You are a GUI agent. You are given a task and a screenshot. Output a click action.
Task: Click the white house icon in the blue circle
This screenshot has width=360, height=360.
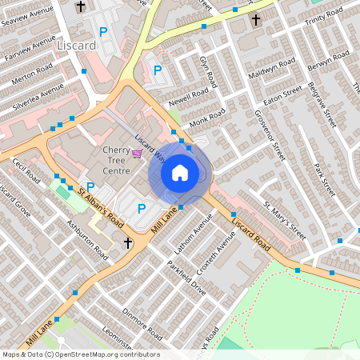click(x=180, y=172)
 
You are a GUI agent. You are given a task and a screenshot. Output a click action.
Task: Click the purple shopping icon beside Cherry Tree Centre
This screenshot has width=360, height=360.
click(x=138, y=153)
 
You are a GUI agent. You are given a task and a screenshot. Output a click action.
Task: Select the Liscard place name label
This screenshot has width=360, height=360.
click(x=77, y=46)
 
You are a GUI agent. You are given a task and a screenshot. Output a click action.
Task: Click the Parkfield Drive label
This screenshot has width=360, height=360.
click(x=188, y=278)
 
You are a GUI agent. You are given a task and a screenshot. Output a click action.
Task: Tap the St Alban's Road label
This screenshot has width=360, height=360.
click(x=101, y=206)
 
